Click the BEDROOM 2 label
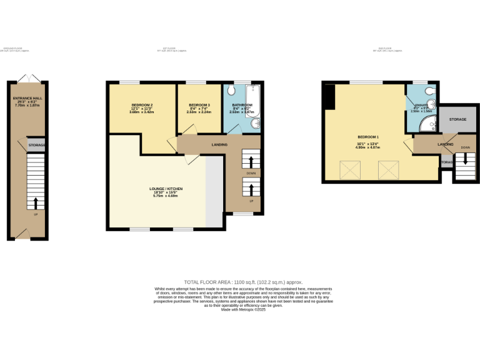[x=142, y=105]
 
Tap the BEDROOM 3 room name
[x=199, y=105]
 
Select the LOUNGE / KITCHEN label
[x=166, y=189]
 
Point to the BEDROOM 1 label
[x=368, y=136]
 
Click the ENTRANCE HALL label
[x=27, y=99]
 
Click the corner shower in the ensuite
[x=427, y=125]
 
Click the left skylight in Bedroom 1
[x=346, y=168]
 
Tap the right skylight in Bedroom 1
[x=389, y=168]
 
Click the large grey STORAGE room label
[x=457, y=119]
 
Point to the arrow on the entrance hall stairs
[x=35, y=202]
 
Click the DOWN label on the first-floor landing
[x=251, y=173]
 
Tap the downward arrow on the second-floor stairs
[x=464, y=161]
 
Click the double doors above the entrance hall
[x=27, y=77]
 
